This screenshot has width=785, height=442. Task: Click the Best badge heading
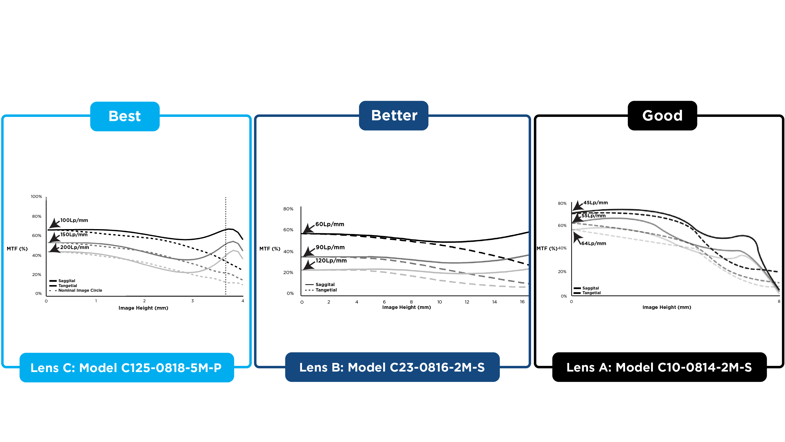tap(125, 116)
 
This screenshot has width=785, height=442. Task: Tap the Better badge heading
tap(394, 116)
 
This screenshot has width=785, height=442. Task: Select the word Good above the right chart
tap(662, 116)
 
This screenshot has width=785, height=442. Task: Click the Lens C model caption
tap(126, 368)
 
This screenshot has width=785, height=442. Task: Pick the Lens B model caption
tap(392, 367)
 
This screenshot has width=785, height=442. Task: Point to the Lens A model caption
tap(659, 367)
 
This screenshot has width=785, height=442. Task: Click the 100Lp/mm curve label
tap(74, 220)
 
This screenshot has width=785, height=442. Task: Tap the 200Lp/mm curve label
tap(74, 247)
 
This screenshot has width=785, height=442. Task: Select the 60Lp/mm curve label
tap(330, 224)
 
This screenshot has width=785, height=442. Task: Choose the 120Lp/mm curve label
tap(331, 261)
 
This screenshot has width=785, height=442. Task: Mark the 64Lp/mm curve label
tap(593, 243)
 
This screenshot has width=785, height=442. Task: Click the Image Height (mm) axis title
tap(143, 308)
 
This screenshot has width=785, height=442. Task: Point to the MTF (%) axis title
tap(270, 249)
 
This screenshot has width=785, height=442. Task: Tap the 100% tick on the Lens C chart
tap(36, 196)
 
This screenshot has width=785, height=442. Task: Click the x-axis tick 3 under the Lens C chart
tap(193, 301)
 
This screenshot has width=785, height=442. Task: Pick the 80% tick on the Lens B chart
tap(288, 209)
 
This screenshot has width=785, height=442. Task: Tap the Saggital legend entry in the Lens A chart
tap(590, 288)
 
